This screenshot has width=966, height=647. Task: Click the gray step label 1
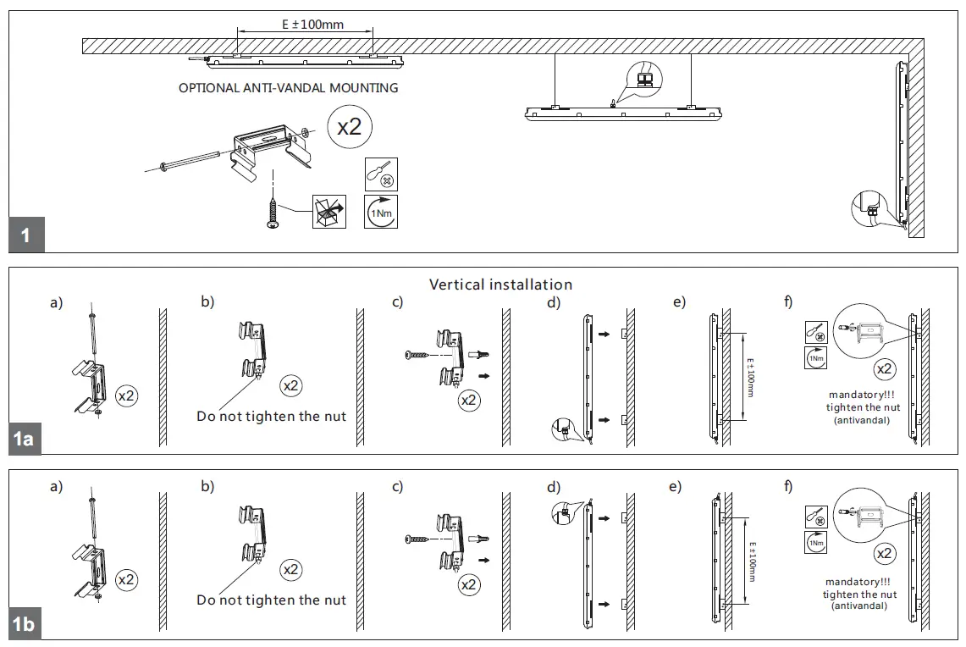pyautogui.click(x=26, y=235)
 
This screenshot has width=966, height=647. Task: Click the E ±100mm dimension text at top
pyautogui.click(x=312, y=25)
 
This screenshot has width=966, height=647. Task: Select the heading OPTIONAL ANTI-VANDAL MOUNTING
pyautogui.click(x=288, y=88)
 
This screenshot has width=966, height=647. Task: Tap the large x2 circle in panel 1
pyautogui.click(x=349, y=127)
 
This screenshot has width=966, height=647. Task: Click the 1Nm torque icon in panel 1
pyautogui.click(x=380, y=212)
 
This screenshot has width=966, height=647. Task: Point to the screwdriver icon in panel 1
pyautogui.click(x=380, y=174)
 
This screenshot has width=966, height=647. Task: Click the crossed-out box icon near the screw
pyautogui.click(x=328, y=212)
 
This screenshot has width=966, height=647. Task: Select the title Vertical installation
pyautogui.click(x=500, y=285)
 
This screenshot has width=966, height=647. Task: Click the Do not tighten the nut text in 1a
pyautogui.click(x=271, y=417)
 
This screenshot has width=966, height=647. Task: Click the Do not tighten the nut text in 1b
pyautogui.click(x=271, y=600)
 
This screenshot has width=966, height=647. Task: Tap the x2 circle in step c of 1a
pyautogui.click(x=469, y=400)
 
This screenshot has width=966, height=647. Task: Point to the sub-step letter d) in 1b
pyautogui.click(x=554, y=487)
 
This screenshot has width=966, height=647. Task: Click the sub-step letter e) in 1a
pyautogui.click(x=679, y=303)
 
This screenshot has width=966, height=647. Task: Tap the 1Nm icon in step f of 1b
pyautogui.click(x=814, y=543)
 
